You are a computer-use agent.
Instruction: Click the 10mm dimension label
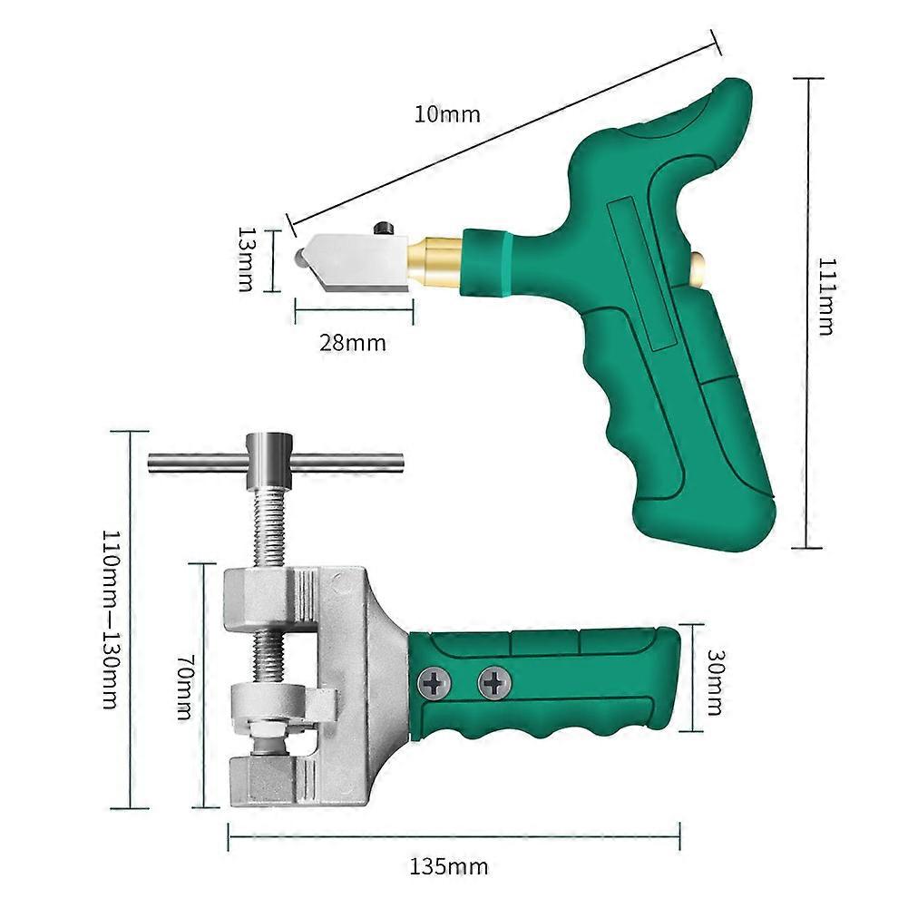447,114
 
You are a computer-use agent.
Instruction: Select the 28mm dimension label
353,343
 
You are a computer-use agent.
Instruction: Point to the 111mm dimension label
825,296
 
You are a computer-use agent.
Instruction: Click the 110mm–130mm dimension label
110,619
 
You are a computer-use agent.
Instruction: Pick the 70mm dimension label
184,687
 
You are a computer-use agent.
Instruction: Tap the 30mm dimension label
715,682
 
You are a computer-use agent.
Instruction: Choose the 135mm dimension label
449,867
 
